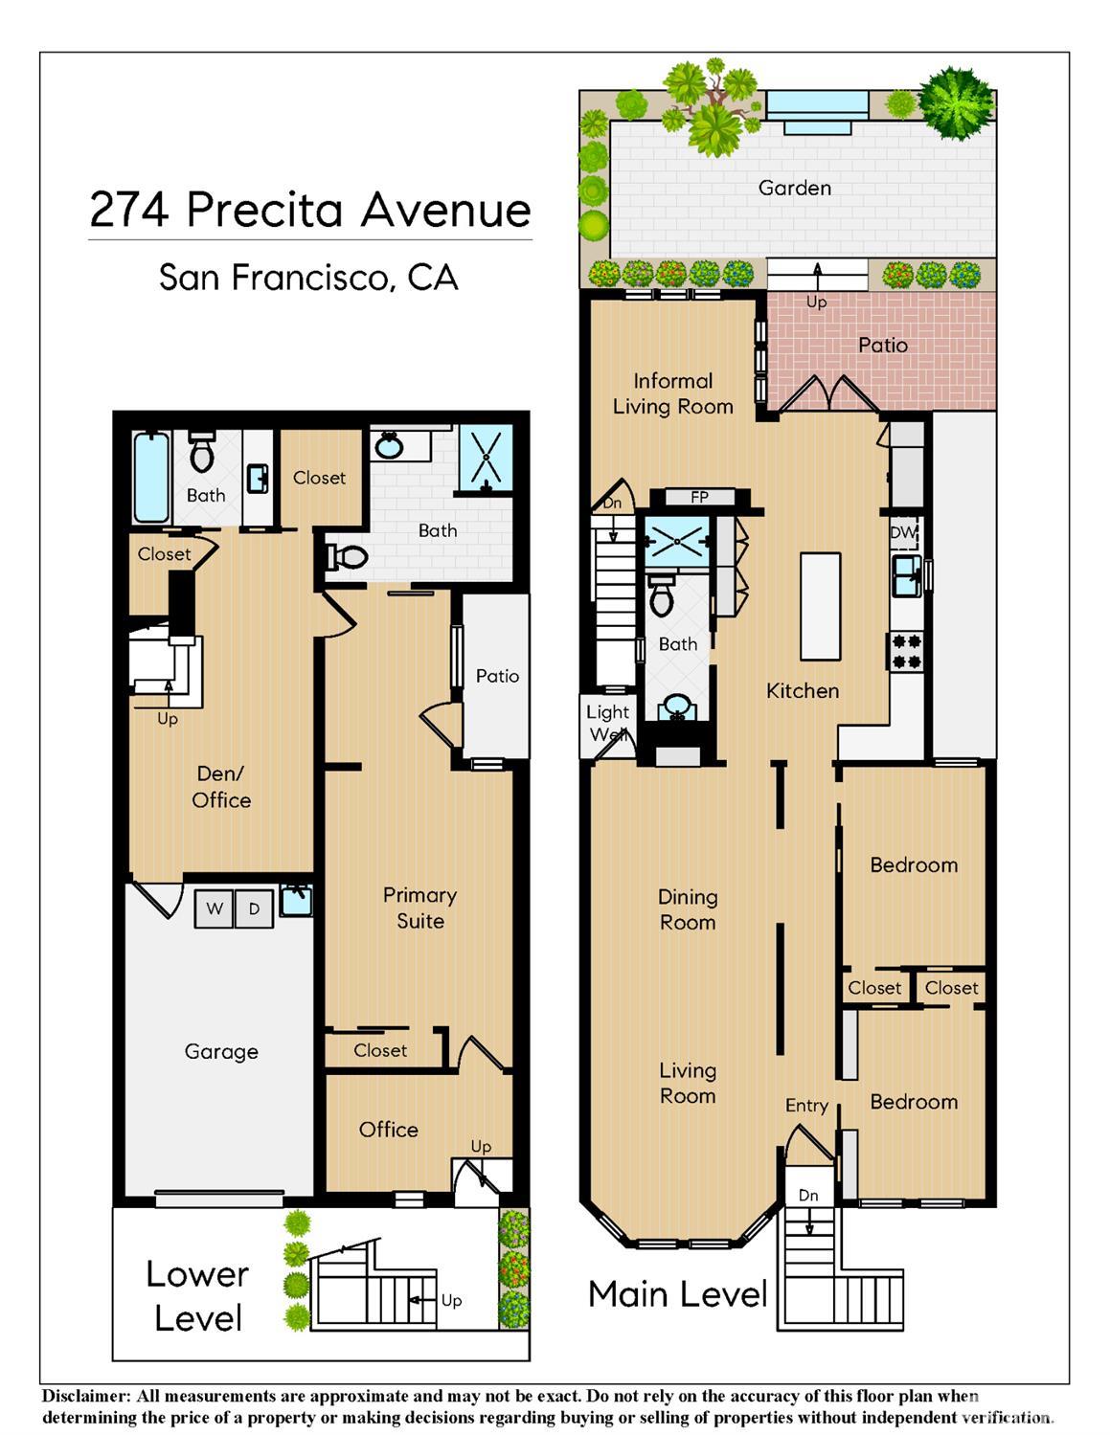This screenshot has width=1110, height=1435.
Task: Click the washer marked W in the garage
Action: (215, 908)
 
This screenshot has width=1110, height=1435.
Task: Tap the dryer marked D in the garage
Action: (255, 908)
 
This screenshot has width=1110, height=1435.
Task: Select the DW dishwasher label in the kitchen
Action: (902, 532)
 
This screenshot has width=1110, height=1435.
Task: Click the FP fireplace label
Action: (699, 497)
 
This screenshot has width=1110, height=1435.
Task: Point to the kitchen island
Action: (821, 606)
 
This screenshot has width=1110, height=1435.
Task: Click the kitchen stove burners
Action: (907, 651)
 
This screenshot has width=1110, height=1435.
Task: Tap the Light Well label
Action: (608, 723)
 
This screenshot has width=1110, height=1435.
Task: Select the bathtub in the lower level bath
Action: (151, 477)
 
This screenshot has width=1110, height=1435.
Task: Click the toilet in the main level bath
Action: (662, 595)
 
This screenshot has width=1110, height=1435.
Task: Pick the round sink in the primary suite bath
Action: (389, 446)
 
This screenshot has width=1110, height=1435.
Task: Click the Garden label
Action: (794, 189)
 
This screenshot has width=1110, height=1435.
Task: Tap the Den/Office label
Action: (220, 787)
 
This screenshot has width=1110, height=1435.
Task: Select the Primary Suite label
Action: (420, 908)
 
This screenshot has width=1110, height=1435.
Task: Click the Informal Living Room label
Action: (672, 393)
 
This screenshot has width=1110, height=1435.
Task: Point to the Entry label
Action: (806, 1106)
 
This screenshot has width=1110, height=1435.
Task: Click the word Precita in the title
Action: (264, 210)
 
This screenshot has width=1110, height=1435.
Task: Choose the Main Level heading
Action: (677, 1293)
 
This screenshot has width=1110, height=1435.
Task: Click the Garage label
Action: (220, 1052)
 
